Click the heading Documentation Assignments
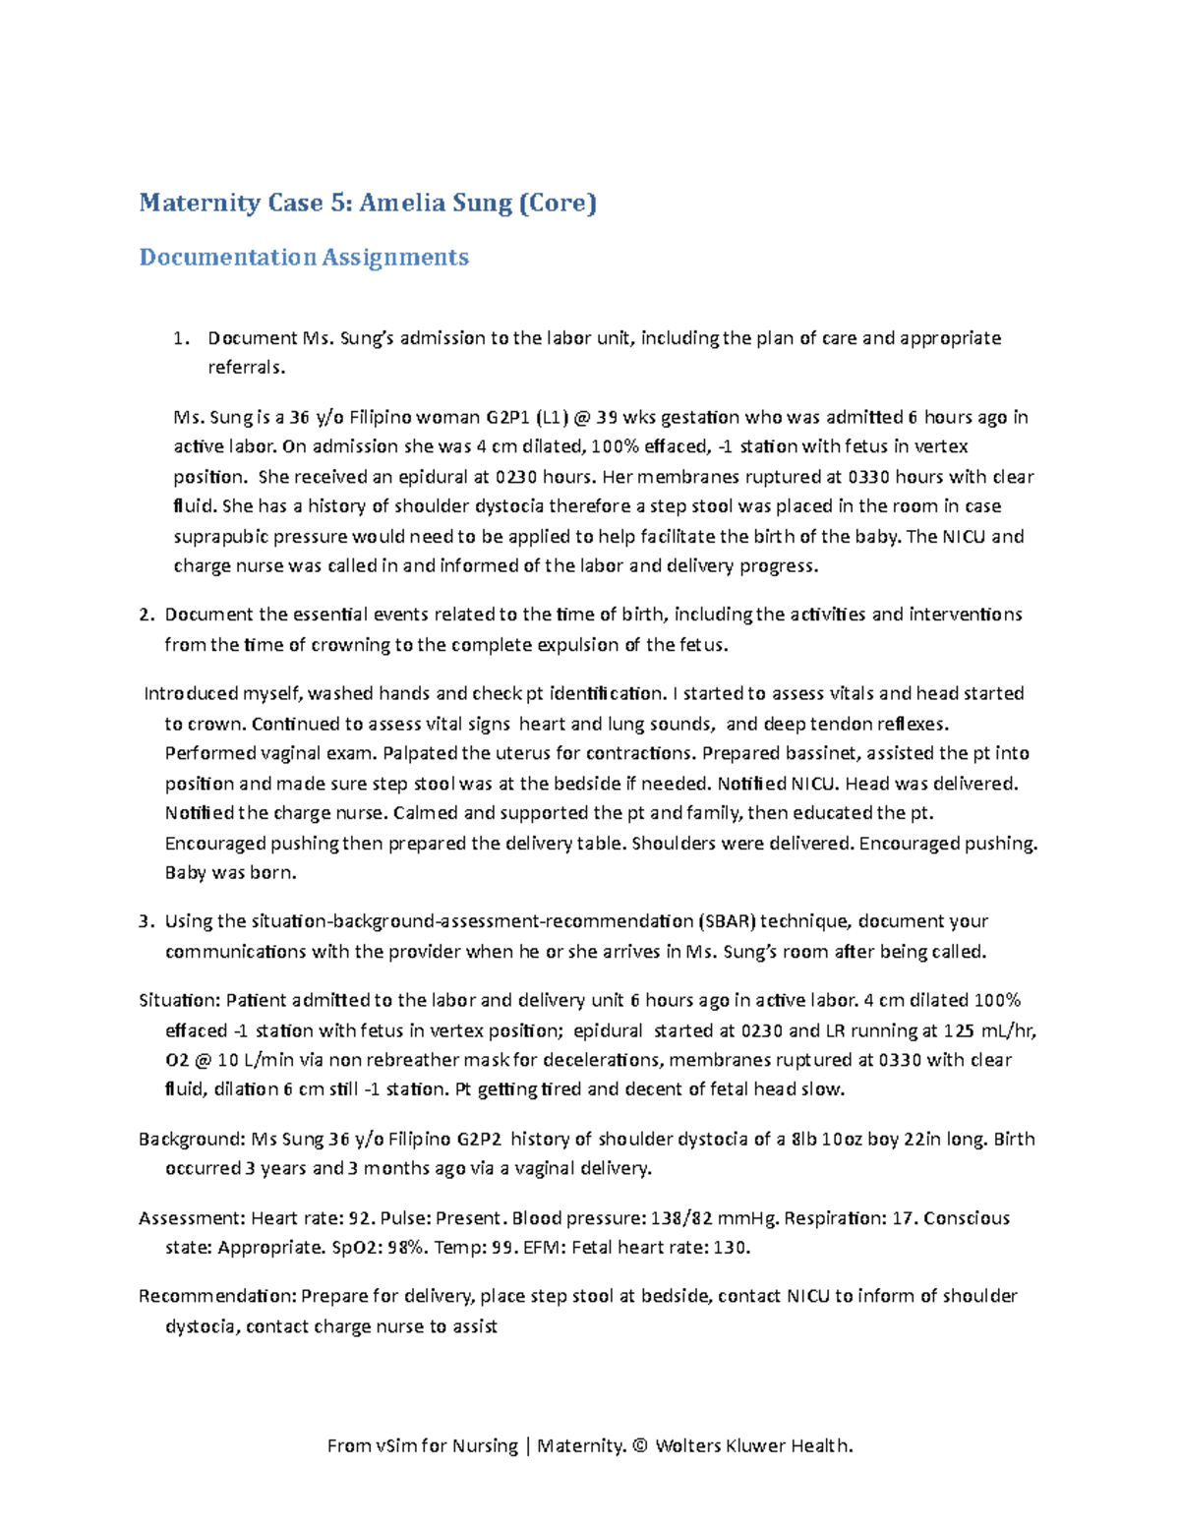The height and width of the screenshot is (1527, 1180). click(x=304, y=258)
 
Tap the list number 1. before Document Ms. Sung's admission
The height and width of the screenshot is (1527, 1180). click(x=180, y=338)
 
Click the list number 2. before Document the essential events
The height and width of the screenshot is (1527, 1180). click(x=147, y=615)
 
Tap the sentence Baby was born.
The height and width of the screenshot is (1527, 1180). click(x=230, y=873)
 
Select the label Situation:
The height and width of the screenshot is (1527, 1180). click(x=179, y=1001)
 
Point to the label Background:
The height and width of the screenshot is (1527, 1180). click(x=192, y=1140)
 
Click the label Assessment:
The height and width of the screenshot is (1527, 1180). click(x=192, y=1218)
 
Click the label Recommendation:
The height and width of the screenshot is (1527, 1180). click(x=216, y=1297)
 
